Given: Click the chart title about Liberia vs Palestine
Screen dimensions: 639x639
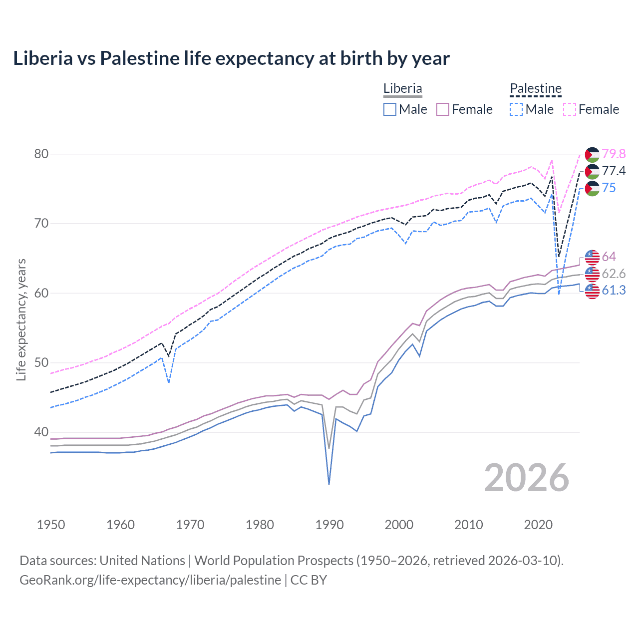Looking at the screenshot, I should (231, 58).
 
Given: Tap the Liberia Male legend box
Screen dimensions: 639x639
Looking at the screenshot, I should (390, 109).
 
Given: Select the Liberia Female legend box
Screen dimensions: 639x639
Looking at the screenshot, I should (443, 109).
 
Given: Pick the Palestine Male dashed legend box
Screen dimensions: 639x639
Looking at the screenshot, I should (516, 109).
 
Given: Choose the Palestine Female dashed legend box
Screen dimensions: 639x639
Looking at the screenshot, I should (570, 109).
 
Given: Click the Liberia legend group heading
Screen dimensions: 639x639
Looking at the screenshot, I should (403, 89).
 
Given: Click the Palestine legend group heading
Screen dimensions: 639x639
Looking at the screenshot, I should (536, 89).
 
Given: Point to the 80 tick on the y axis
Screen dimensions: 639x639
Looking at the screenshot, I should (41, 154).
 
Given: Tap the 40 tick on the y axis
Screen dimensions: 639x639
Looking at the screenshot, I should (41, 432).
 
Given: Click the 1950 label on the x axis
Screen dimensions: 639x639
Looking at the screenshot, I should (51, 525).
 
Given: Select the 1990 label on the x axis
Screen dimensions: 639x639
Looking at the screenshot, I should (329, 525).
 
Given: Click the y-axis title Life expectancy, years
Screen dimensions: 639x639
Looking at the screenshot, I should (21, 319).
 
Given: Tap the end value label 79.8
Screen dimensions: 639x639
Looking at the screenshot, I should (614, 154).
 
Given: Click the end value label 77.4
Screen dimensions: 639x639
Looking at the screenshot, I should (614, 171).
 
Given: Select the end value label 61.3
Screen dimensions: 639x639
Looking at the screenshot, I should (614, 291).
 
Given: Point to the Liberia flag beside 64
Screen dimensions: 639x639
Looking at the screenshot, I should (592, 257).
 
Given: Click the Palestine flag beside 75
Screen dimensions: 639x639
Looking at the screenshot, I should (592, 188).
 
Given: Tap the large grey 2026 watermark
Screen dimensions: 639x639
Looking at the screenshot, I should (527, 478).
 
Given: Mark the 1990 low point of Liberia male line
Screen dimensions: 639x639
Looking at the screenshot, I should (329, 484).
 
